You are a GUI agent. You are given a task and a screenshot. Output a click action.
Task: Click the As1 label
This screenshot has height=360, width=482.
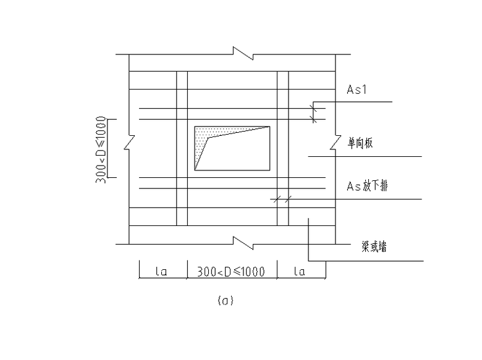[x=357, y=90]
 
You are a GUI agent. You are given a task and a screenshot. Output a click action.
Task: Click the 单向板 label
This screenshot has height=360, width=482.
[x=360, y=143]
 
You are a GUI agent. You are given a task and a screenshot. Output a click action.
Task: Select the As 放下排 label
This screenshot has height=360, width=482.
[x=367, y=186]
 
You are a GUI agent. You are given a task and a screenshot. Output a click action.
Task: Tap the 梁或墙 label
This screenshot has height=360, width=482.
[x=374, y=246]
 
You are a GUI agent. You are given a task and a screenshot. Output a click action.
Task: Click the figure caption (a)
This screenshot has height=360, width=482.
[x=226, y=300]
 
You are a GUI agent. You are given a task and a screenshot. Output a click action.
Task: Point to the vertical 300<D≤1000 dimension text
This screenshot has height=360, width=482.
[x=101, y=149]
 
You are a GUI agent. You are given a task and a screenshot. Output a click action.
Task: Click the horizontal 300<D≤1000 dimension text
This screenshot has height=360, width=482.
[x=231, y=272]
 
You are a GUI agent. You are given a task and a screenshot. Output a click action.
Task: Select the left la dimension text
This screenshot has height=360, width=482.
[x=161, y=271]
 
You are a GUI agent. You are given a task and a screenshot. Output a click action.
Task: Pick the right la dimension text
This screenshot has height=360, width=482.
[x=299, y=271]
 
